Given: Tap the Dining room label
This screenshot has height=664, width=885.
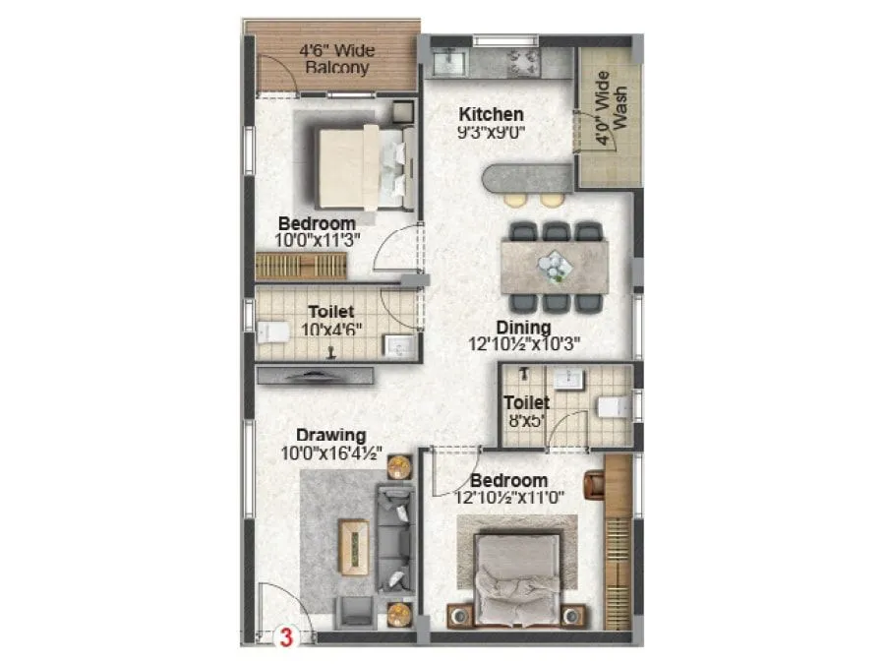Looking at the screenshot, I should pos(523,328).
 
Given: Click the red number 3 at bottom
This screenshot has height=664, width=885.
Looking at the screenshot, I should pos(286,636).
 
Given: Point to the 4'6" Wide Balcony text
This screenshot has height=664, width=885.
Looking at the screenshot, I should pos(336,59).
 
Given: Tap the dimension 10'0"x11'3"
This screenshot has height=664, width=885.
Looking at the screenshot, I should pos(316,239).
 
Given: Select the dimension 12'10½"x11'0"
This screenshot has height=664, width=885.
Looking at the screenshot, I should pos(508,497).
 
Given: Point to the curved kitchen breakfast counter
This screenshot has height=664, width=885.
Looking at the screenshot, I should pos(526,179).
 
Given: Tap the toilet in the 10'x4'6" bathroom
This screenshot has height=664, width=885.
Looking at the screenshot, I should pos(272,332).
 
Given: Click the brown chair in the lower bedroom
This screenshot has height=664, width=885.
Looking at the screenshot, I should pos(594,484).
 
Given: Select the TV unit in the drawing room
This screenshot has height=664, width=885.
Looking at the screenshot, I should pos(315,375).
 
